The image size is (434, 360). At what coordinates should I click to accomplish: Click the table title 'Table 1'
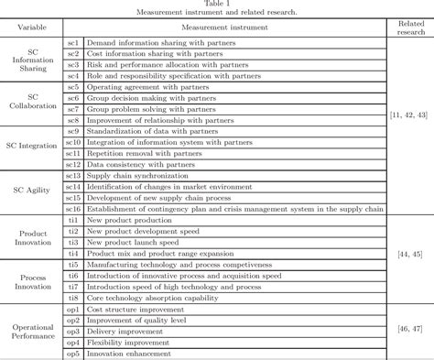click(217, 5)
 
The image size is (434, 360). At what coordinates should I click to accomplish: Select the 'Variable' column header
click(32, 27)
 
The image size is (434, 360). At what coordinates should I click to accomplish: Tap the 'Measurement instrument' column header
click(225, 27)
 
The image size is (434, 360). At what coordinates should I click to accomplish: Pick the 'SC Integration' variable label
click(32, 146)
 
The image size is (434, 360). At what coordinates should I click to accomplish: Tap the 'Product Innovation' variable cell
click(32, 240)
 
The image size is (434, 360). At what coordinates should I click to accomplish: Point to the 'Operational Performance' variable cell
click(32, 333)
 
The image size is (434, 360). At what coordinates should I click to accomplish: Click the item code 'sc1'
click(73, 42)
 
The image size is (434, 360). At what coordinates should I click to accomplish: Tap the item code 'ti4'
click(73, 252)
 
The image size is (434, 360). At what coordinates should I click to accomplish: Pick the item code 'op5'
click(73, 353)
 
